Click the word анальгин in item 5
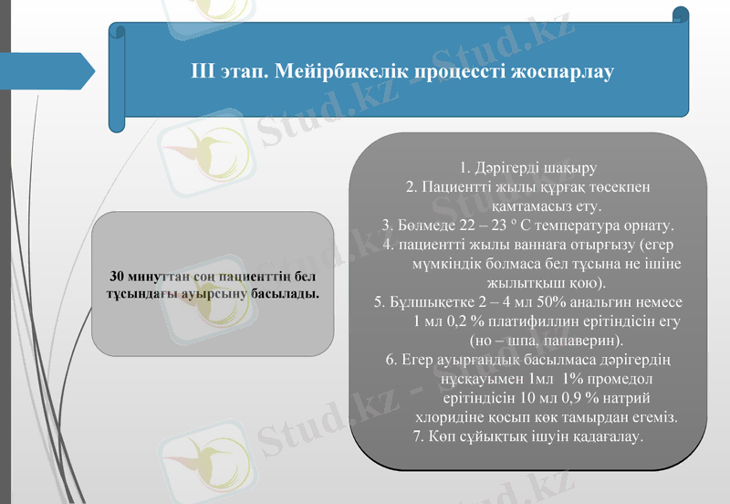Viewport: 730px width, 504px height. click(x=615, y=301)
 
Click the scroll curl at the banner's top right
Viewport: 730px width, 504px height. click(x=680, y=15)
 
